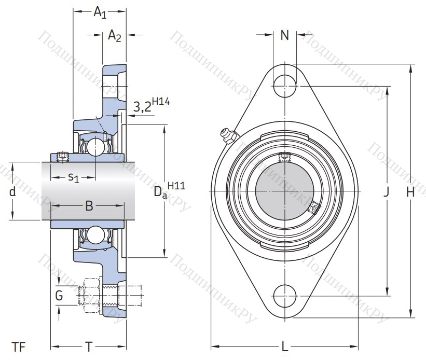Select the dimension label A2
(x=114, y=36)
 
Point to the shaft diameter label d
(x=12, y=192)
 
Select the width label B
(x=89, y=206)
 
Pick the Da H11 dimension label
(x=169, y=190)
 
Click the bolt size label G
(x=59, y=296)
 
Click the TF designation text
(x=19, y=347)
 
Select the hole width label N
(x=284, y=35)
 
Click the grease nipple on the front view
(x=227, y=135)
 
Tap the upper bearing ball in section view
(x=96, y=147)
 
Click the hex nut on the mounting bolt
(x=90, y=295)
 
